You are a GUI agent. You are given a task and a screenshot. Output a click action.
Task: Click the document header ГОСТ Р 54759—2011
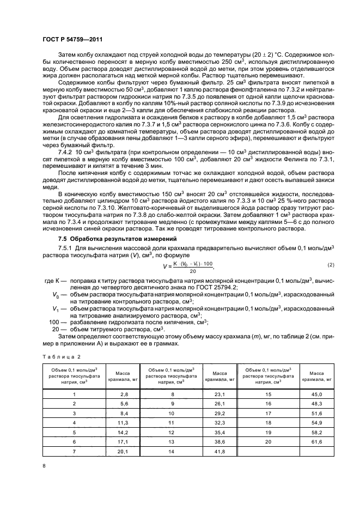[x=68, y=40]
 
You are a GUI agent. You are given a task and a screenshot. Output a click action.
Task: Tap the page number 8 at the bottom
[x=45, y=465]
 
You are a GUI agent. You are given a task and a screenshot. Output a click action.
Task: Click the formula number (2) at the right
[x=330, y=265]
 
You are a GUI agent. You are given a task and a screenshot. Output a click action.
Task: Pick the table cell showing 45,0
[x=317, y=393]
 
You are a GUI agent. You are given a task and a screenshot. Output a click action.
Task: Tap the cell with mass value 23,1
[x=220, y=393]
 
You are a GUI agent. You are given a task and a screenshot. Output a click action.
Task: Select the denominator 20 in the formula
[x=192, y=270]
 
